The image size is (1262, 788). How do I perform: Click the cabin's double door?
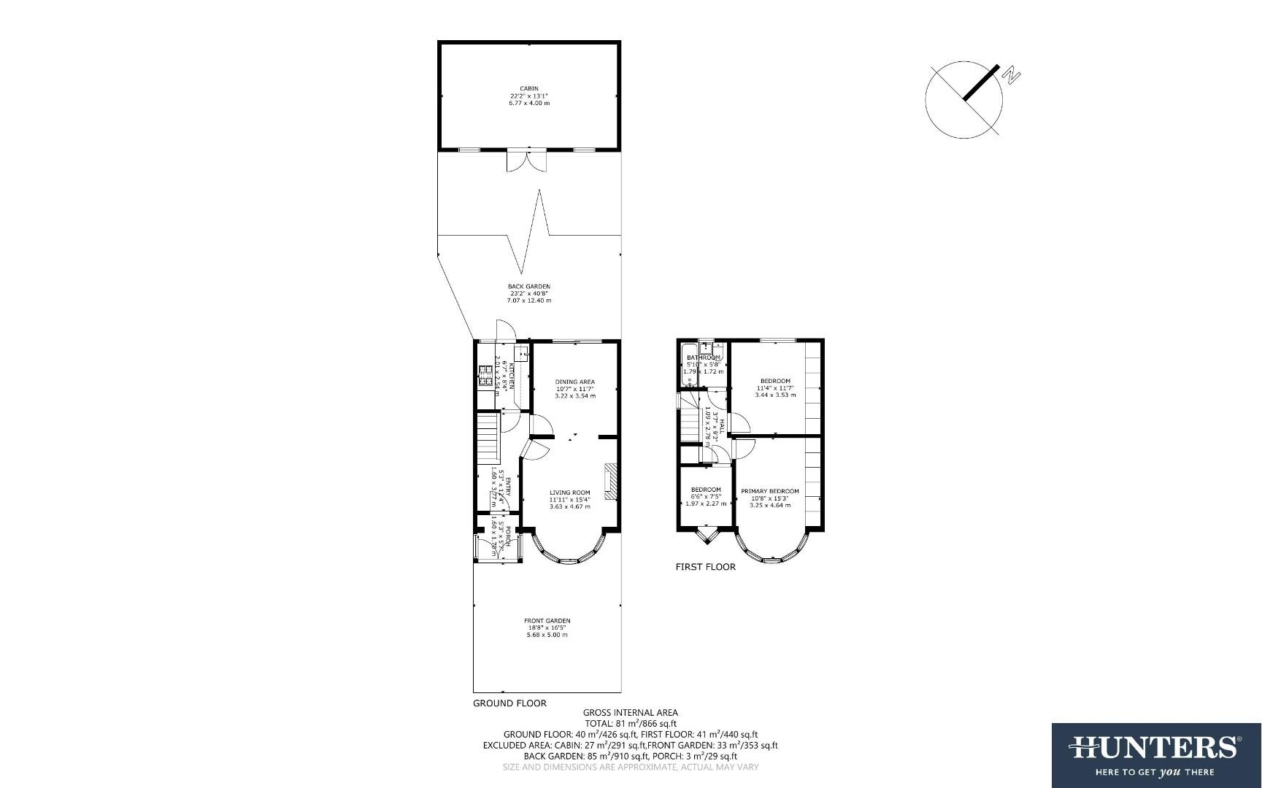coord(526,159)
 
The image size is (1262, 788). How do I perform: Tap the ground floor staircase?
coord(487,438)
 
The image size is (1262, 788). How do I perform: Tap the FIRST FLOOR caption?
coord(705,566)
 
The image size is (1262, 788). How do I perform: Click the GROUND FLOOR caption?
coord(509,703)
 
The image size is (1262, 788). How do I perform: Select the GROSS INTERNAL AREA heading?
coord(630,712)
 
